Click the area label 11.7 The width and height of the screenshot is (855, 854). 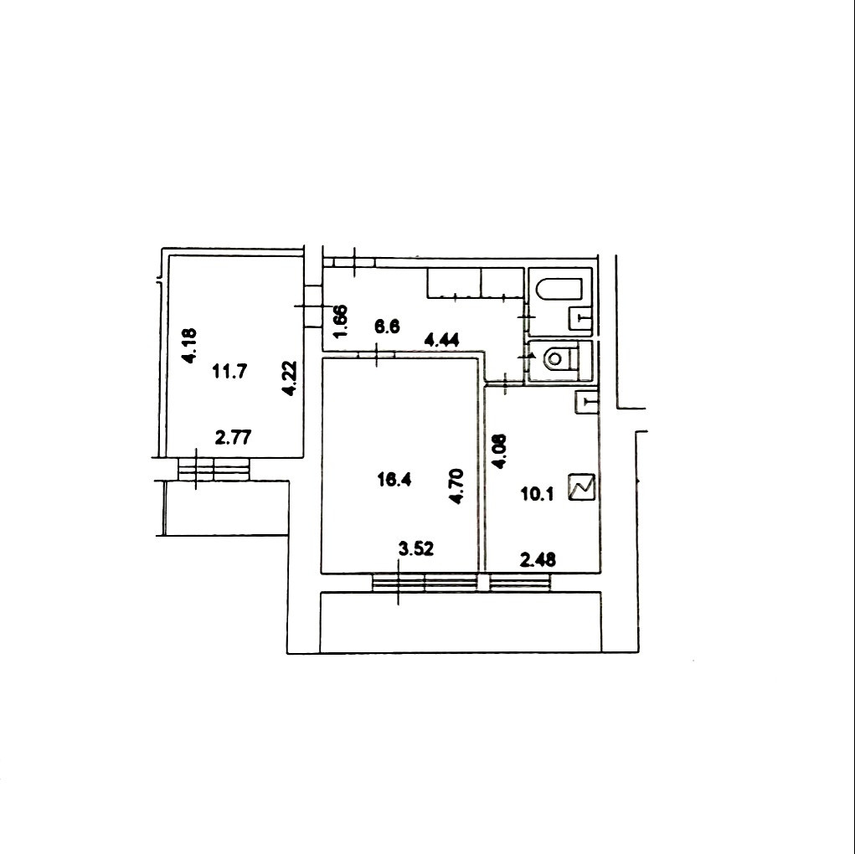(229, 373)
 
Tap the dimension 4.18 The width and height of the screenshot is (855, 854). (190, 346)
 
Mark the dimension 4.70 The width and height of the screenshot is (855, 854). (456, 486)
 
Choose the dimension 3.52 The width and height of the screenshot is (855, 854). (415, 550)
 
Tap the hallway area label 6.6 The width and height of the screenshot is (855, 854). (385, 327)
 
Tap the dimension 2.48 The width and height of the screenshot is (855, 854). (538, 560)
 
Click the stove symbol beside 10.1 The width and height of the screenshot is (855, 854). (582, 486)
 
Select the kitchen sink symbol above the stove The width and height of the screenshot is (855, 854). (587, 403)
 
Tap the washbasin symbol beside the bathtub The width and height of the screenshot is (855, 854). (580, 317)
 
